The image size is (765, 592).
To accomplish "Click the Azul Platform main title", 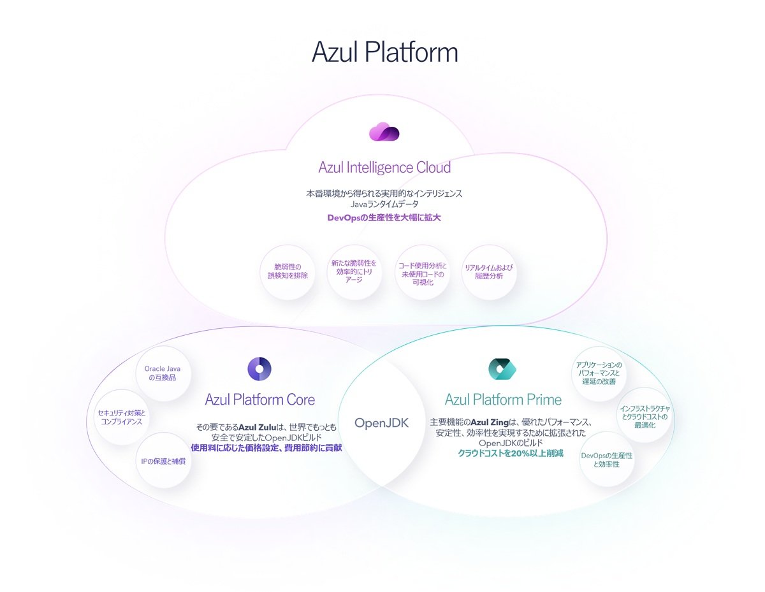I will click(x=384, y=52).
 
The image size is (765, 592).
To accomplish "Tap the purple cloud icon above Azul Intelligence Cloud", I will click(x=384, y=132).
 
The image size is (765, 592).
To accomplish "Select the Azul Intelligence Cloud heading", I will click(x=384, y=168).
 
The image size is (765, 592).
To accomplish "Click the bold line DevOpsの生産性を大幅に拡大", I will click(x=384, y=218).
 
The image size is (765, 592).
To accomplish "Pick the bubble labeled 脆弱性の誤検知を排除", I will click(x=287, y=271).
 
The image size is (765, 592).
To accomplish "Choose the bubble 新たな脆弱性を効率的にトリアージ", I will click(x=354, y=271).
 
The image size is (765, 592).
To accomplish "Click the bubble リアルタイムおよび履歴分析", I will click(x=489, y=272).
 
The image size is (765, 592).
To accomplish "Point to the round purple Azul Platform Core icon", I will click(x=259, y=368).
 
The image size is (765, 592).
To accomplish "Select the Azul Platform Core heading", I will click(x=259, y=400).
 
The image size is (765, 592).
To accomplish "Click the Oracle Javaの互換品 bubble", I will click(x=163, y=373).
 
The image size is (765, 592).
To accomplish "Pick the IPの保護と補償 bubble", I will click(x=163, y=461).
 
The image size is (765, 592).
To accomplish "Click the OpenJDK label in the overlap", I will click(x=381, y=422).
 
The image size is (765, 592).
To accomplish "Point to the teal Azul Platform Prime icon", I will click(x=502, y=368).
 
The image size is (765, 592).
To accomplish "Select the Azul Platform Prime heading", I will click(x=503, y=400).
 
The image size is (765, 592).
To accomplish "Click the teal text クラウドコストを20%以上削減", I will click(x=511, y=454).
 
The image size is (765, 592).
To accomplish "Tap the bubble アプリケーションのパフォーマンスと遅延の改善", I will click(x=598, y=373).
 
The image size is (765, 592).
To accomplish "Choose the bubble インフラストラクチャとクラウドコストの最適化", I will click(x=645, y=416).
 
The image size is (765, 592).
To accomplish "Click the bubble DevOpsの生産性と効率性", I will click(x=606, y=459).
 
